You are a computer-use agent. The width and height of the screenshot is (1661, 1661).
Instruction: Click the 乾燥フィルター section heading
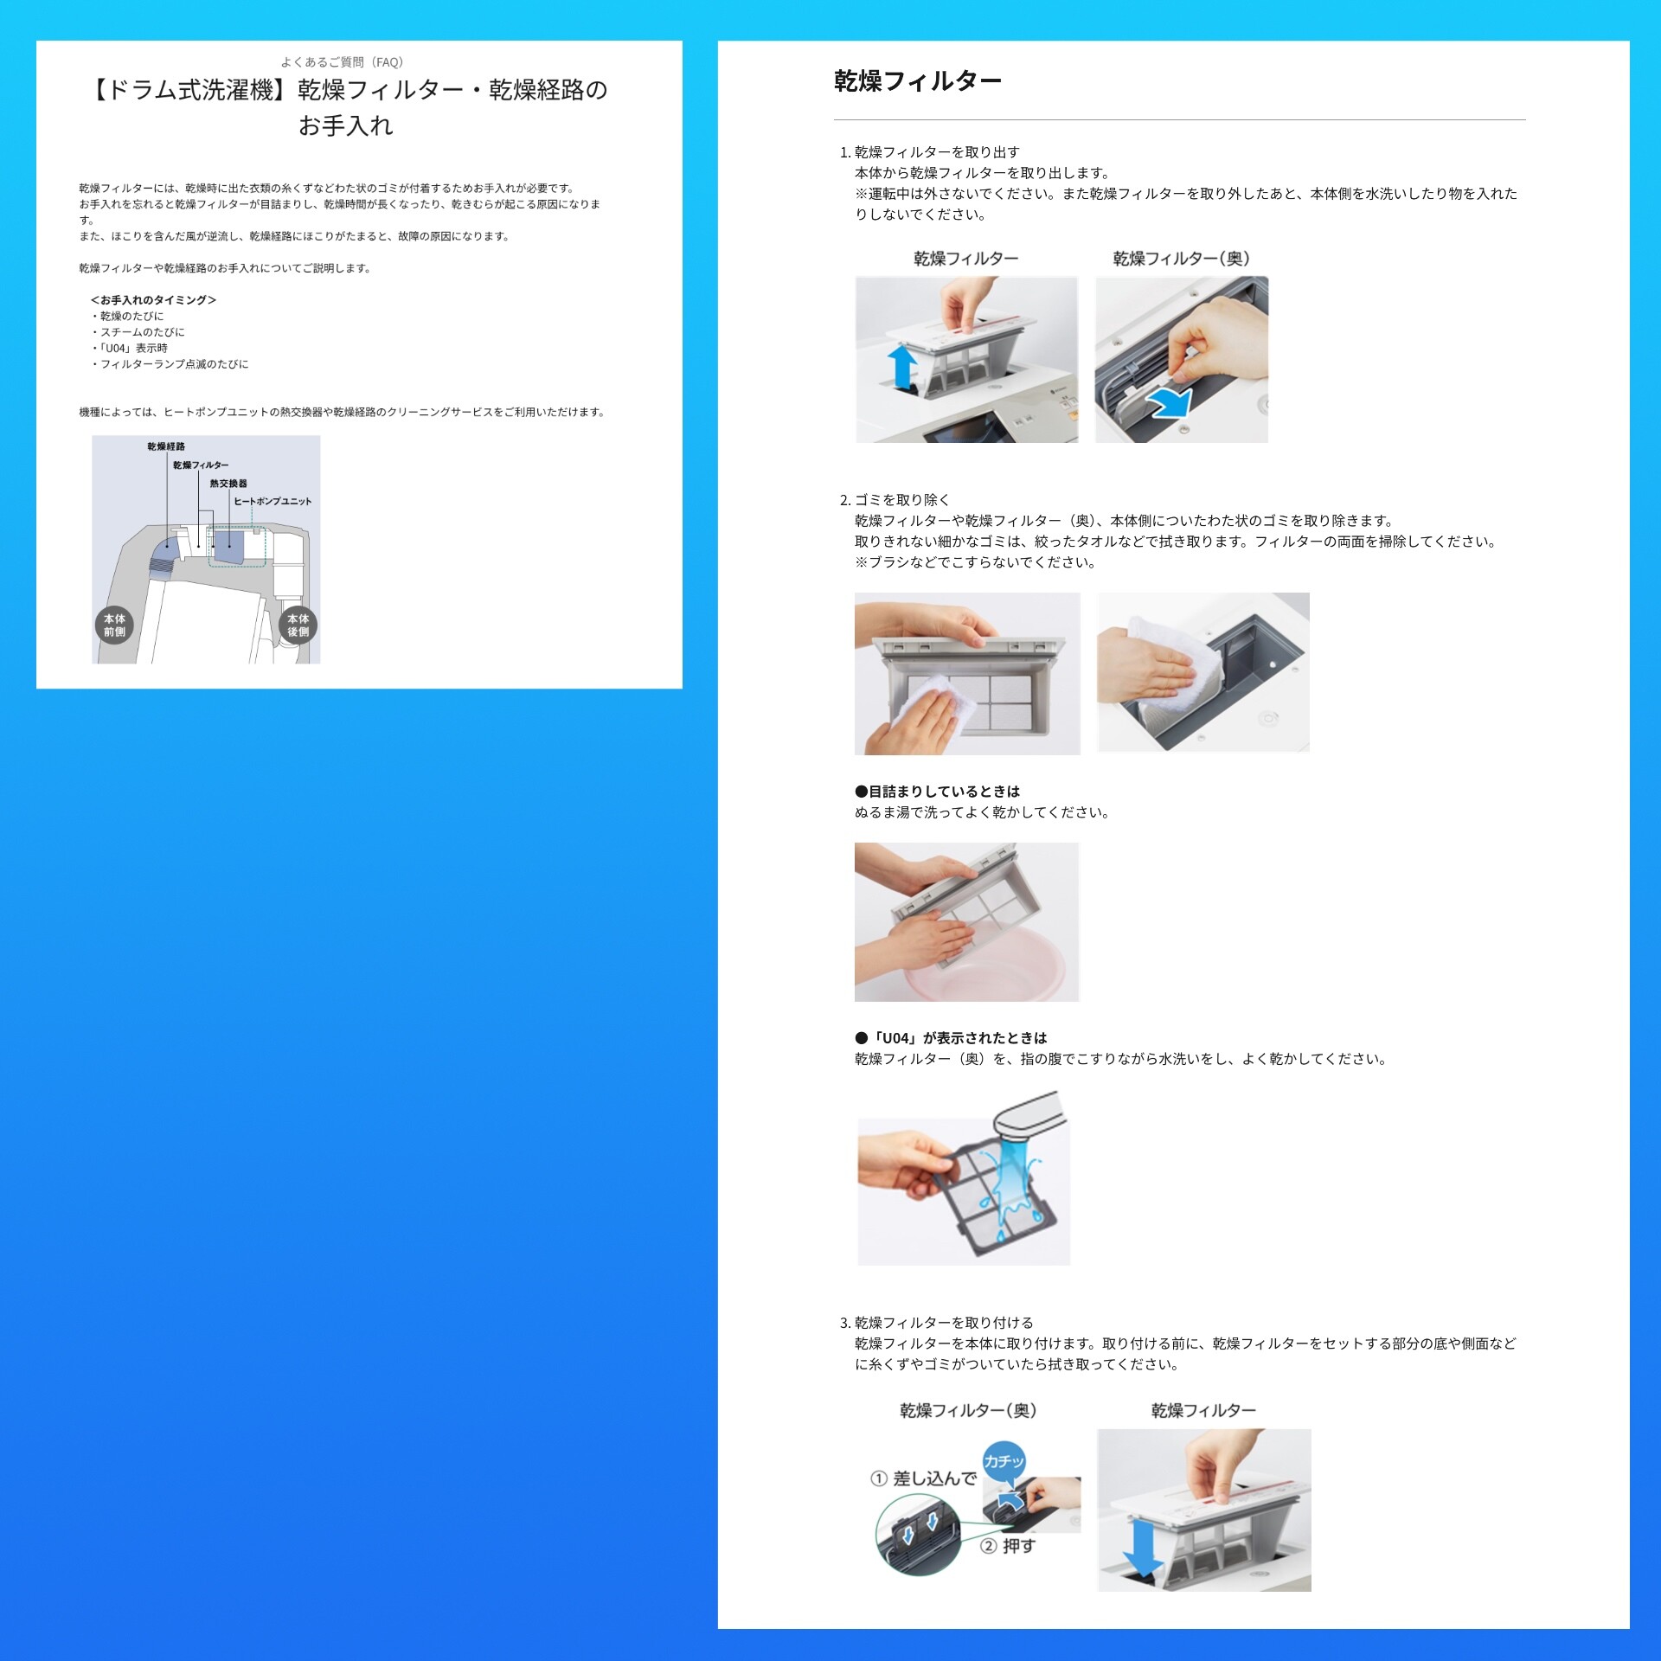918,81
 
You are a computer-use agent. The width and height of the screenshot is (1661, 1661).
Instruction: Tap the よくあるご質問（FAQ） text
342,62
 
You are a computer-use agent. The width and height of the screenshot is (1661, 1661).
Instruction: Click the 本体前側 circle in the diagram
114,625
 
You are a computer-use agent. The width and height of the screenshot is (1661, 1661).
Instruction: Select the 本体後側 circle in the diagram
298,625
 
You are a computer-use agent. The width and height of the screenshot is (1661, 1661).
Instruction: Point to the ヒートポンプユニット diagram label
273,501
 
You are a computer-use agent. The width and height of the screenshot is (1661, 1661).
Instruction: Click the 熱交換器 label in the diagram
228,484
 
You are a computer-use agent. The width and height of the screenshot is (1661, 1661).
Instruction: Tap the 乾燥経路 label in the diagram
166,446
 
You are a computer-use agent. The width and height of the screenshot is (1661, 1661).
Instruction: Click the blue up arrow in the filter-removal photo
902,368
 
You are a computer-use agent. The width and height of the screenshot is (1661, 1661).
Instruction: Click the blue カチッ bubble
1004,1461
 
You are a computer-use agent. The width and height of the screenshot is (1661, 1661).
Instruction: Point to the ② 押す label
1008,1546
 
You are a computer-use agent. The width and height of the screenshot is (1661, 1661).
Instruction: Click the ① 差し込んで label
923,1478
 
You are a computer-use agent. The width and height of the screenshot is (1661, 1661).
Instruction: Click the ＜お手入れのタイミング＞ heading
153,300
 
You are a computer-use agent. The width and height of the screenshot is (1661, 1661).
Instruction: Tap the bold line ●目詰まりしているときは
938,792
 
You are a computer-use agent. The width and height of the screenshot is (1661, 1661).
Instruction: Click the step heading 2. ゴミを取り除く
895,500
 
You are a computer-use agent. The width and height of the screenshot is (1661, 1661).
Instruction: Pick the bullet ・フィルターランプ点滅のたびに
170,364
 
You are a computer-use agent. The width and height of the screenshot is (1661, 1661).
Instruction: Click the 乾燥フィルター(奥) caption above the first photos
1181,259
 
